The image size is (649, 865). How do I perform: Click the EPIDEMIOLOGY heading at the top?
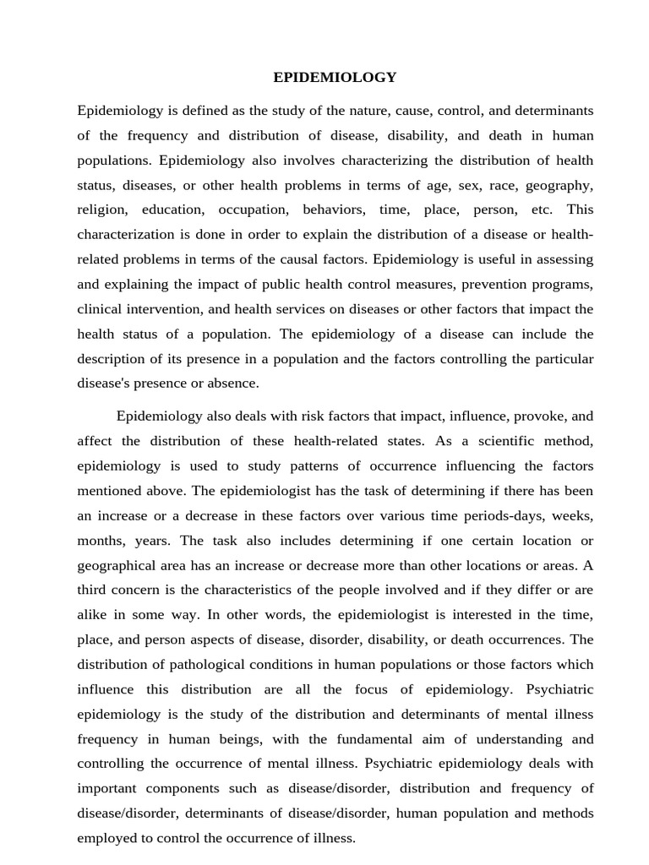tap(335, 78)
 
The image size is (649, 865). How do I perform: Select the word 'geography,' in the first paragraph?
tap(559, 185)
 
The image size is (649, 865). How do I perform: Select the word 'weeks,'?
tap(573, 515)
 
